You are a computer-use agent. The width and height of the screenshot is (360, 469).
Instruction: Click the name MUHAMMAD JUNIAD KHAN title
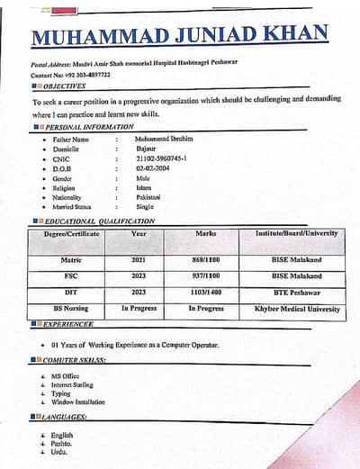[179, 38]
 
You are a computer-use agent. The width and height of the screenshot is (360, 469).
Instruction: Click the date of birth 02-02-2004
[153, 167]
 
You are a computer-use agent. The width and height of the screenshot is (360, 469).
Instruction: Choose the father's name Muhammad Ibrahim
[164, 139]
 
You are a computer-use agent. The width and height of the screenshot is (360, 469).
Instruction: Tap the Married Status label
[73, 206]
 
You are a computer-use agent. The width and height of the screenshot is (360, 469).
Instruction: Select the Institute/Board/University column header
[296, 233]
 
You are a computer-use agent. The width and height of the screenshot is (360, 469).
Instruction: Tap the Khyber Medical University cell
[296, 309]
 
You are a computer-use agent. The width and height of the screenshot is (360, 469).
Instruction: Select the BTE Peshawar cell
[296, 293]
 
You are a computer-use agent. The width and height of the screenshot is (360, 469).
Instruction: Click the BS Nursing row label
[71, 309]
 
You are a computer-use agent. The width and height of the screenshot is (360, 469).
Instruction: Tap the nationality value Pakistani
[148, 196]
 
